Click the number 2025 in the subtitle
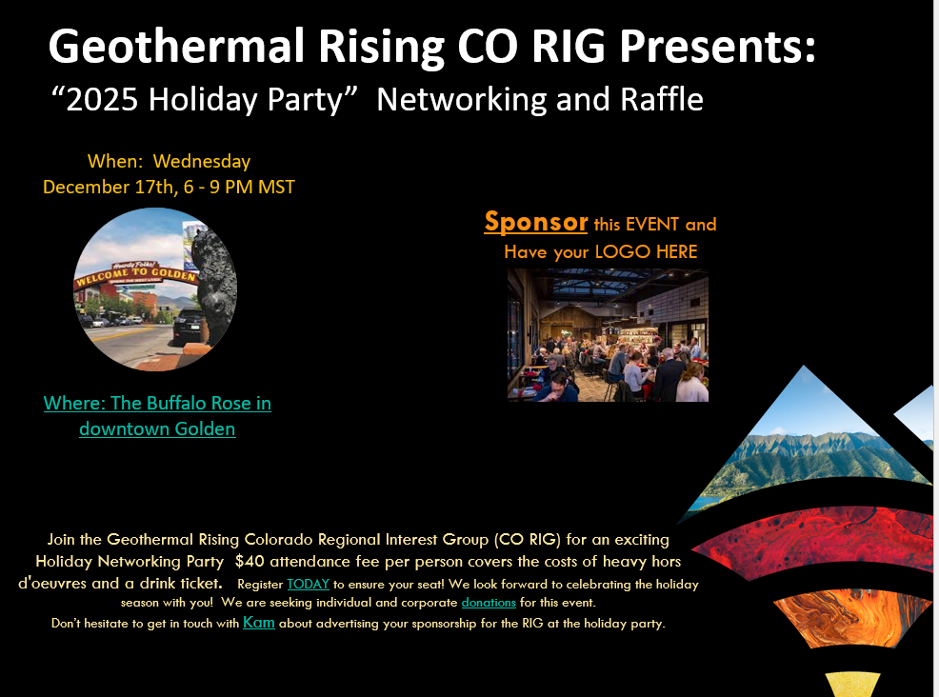(106, 99)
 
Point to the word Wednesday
(202, 161)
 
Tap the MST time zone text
(275, 187)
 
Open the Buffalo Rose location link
(157, 415)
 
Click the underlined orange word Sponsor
(535, 222)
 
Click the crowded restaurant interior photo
(608, 335)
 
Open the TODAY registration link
(308, 584)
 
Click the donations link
(489, 603)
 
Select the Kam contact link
(259, 623)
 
